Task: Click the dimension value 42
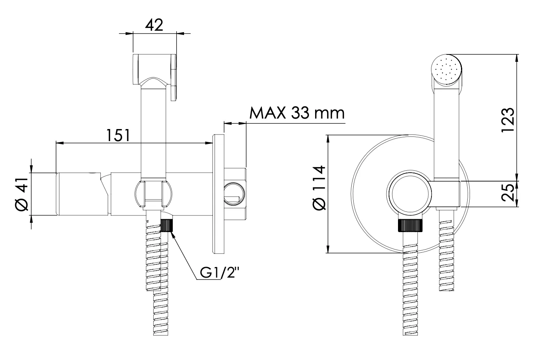coord(154,25)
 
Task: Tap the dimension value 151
coord(118,135)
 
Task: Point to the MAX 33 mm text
coord(297,113)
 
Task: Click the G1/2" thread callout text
coord(219,273)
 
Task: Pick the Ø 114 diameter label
coord(319,188)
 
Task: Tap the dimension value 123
coord(508,120)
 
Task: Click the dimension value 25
coord(508,192)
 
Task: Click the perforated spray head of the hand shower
coord(447,70)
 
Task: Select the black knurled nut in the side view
coord(167,225)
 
